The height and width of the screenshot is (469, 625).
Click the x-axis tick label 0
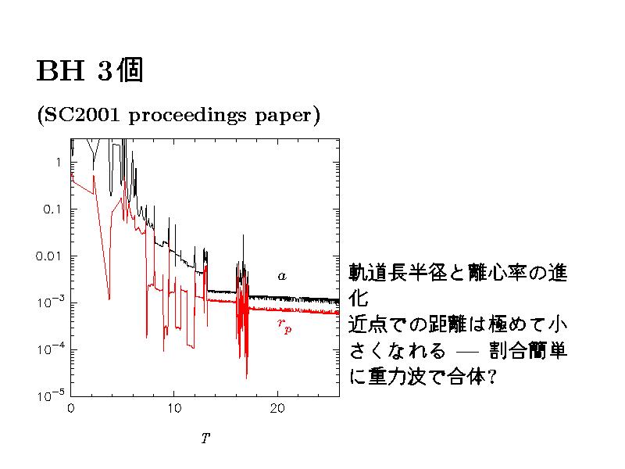(71, 408)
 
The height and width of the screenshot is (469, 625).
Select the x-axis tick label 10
(173, 408)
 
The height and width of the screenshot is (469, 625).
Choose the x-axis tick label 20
(277, 408)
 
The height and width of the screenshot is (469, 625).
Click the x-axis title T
(205, 439)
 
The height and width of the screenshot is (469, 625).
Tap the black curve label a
(282, 276)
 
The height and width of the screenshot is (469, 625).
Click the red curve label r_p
(284, 325)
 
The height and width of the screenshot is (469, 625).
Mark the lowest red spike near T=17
(247, 377)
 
